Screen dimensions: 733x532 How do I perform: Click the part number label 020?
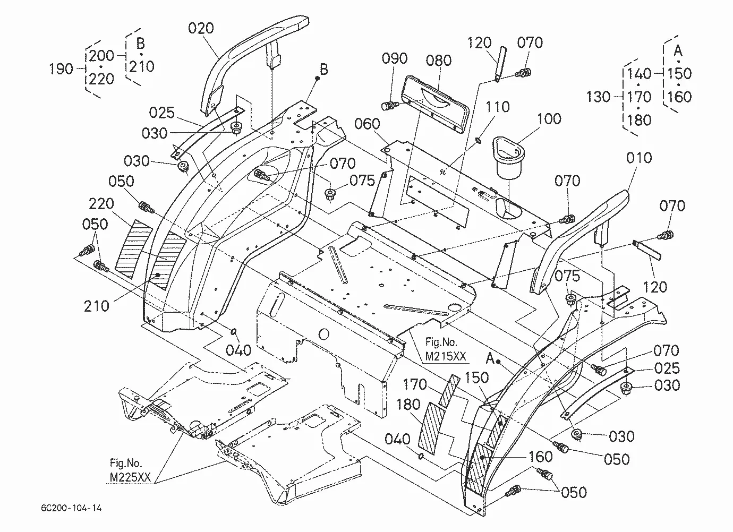point(201,29)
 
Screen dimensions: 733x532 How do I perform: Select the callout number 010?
point(639,158)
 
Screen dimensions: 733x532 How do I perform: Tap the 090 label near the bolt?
point(395,58)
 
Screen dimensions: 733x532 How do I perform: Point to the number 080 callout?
point(439,61)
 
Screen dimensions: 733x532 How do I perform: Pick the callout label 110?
point(497,107)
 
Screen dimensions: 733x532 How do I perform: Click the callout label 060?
point(367,124)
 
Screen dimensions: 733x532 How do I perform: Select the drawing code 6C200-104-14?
point(71,508)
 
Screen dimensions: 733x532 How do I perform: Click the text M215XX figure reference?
point(445,356)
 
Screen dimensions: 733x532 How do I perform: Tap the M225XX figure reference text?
point(130,477)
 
